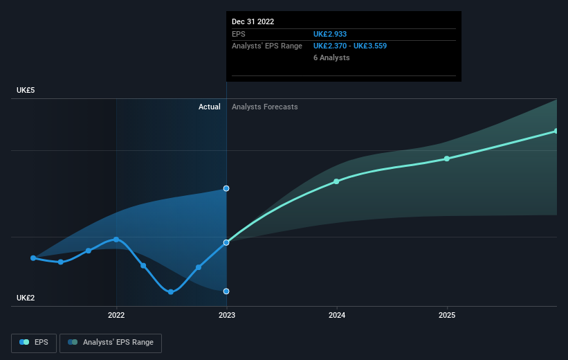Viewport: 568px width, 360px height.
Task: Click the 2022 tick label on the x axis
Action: tap(116, 316)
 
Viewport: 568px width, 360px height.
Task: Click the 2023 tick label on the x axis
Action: tap(226, 316)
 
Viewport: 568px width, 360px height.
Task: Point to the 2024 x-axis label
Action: tap(337, 316)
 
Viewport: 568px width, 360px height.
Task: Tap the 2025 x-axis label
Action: tap(447, 316)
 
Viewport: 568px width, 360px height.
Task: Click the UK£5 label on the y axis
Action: tap(27, 90)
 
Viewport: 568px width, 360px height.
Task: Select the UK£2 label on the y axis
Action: tap(27, 298)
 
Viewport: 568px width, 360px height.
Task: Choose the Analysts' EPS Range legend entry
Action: tap(111, 342)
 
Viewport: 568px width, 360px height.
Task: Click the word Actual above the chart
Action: tap(209, 107)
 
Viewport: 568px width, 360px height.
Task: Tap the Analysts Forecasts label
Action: tap(265, 107)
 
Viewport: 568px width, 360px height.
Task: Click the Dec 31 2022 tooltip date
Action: tap(253, 21)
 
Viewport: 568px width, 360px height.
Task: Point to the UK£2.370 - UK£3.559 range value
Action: tap(350, 46)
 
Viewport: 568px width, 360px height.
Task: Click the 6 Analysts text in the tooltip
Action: tap(331, 57)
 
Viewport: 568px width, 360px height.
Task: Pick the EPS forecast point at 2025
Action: tap(447, 159)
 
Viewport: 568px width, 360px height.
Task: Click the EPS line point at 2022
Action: tap(116, 240)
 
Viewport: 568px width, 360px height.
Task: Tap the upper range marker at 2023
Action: tap(226, 188)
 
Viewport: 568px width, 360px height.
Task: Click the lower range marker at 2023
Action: tap(226, 291)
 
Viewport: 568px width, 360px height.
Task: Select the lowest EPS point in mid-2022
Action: tap(171, 291)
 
